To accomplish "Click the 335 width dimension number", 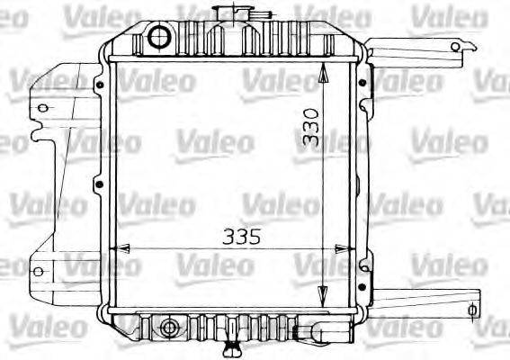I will (242, 238).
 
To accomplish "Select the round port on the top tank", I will (159, 37).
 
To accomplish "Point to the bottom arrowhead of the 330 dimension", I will (322, 297).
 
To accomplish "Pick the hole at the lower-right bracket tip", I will (471, 310).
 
